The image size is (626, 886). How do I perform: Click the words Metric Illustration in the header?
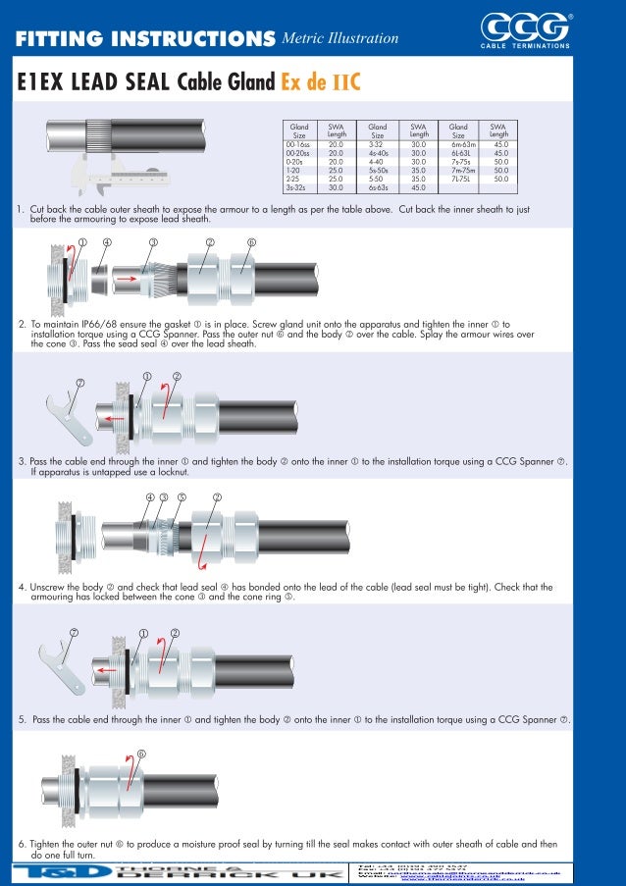pos(339,38)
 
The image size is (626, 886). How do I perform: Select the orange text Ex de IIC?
pos(321,82)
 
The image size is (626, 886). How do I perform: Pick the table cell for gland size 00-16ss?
pos(297,143)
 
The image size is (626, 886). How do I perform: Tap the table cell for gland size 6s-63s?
pos(378,187)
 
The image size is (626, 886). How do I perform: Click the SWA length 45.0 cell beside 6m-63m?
pos(500,143)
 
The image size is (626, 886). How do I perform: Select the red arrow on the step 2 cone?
pos(128,279)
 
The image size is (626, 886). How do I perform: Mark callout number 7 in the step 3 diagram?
pos(80,382)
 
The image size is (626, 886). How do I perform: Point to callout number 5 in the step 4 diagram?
pos(183,497)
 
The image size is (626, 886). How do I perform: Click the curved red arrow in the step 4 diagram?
pos(203,559)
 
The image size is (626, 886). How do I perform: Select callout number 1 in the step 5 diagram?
pos(143,633)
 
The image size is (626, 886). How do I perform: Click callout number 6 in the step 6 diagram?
pos(141,755)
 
